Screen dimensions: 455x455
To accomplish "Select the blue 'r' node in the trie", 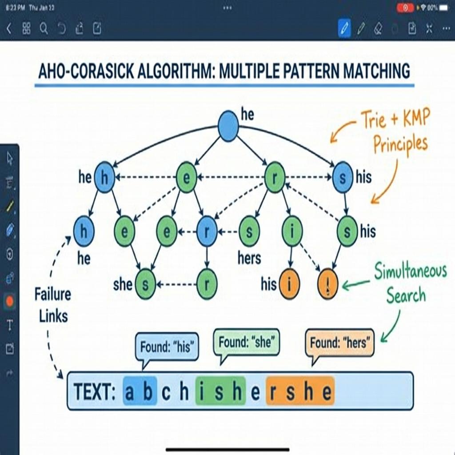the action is (207, 231).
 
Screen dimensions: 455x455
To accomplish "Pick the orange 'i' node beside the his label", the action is (290, 284).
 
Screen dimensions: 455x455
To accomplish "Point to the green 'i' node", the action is (292, 231).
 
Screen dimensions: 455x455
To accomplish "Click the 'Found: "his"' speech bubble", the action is (167, 346).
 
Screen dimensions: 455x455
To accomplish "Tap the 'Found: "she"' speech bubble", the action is (247, 343).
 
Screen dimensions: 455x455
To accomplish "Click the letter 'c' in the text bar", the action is (166, 393).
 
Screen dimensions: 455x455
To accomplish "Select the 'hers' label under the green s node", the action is (249, 258).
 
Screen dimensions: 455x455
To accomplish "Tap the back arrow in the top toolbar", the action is (9, 29).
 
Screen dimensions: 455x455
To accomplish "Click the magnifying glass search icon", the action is (44, 29).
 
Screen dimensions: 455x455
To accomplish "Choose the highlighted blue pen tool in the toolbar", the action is (343, 29).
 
